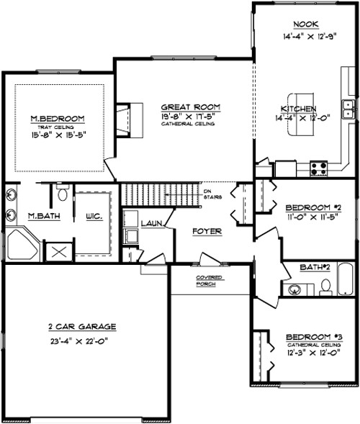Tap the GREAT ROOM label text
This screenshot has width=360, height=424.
(x=190, y=107)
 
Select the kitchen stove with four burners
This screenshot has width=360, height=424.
(x=318, y=168)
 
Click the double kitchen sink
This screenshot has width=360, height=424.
(x=348, y=109)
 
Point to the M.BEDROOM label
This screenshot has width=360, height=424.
(x=58, y=118)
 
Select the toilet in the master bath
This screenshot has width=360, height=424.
(x=63, y=192)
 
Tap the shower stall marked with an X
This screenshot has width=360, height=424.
(x=58, y=252)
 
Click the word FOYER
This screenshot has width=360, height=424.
(x=206, y=231)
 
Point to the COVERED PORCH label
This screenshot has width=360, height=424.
(x=210, y=280)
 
